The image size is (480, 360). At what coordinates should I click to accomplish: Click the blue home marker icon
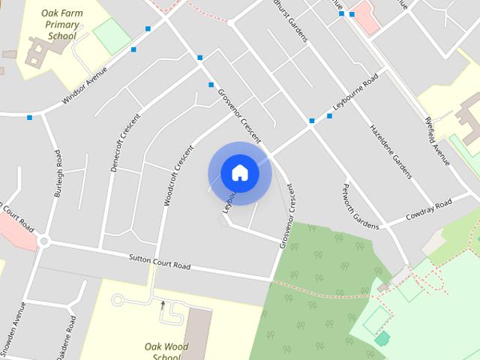point(239,173)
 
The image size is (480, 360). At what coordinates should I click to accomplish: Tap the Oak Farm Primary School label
point(51,25)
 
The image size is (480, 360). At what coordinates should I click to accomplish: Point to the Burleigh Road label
point(58,174)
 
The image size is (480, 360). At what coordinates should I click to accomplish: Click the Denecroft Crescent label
point(125,142)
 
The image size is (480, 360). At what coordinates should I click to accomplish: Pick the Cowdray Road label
point(428,207)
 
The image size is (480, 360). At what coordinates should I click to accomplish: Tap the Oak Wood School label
point(166,351)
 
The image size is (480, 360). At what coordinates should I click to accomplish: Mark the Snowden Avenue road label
point(12,330)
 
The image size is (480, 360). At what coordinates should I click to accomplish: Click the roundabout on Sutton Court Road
point(44,242)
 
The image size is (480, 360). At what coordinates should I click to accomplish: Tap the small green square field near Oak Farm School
point(112,35)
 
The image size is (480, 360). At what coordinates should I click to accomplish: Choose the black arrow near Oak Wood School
point(163,304)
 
